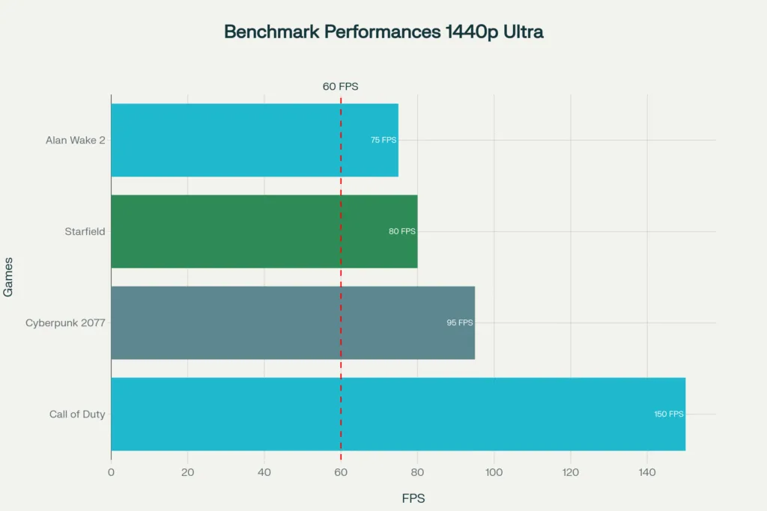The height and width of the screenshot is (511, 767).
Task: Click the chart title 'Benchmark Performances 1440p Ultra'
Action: click(x=383, y=32)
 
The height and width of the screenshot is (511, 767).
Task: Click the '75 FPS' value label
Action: click(x=383, y=140)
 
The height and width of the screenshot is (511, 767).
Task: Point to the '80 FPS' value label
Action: click(x=402, y=231)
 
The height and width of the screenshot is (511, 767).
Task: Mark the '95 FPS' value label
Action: click(x=460, y=322)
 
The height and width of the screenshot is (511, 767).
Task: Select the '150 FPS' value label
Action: click(x=669, y=414)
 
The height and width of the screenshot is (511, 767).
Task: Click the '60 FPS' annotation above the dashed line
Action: click(x=341, y=86)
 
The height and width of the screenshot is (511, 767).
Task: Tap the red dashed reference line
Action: click(x=341, y=277)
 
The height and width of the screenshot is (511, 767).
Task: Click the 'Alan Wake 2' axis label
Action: click(x=75, y=140)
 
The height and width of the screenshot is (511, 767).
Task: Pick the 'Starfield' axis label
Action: click(x=85, y=231)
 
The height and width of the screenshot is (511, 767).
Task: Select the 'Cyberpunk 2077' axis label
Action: click(x=65, y=322)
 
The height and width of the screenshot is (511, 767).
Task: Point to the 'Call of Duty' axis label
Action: click(x=77, y=414)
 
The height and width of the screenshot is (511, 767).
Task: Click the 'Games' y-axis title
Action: click(x=8, y=277)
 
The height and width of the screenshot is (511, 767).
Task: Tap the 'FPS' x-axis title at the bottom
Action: click(x=413, y=498)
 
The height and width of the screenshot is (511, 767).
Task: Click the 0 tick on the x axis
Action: click(x=111, y=472)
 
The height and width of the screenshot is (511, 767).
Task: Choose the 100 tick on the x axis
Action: click(x=494, y=472)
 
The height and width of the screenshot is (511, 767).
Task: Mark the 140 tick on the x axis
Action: click(x=647, y=472)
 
